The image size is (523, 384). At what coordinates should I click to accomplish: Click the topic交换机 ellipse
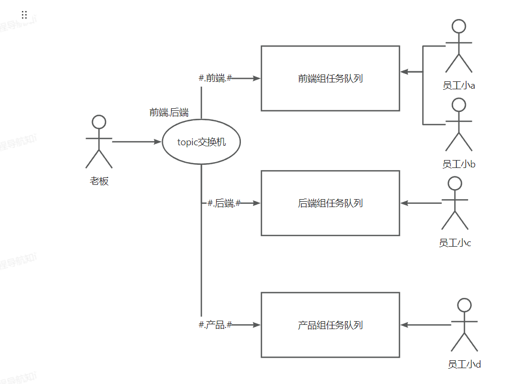[201, 142]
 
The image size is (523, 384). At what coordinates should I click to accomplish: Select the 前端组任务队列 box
[330, 78]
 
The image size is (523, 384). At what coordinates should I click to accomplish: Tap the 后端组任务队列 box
[330, 203]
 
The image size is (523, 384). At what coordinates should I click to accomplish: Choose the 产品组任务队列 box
[330, 325]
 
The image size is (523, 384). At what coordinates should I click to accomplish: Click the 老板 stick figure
[99, 141]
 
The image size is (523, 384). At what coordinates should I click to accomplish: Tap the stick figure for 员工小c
[454, 203]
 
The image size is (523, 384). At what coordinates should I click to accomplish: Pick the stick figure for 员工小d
[464, 325]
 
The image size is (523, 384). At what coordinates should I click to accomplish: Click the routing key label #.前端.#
[215, 78]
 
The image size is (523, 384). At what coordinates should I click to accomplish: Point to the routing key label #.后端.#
[224, 203]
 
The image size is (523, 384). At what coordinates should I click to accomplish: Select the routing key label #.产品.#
[215, 325]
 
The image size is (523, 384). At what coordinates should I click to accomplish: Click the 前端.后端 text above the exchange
[169, 112]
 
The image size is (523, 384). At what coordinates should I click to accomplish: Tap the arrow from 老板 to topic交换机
[136, 142]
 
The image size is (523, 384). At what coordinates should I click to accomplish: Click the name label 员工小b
[459, 164]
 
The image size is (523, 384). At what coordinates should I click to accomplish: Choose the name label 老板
[99, 181]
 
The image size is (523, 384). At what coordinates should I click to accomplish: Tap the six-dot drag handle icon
[24, 15]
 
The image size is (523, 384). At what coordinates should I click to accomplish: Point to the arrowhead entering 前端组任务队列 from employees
[404, 72]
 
